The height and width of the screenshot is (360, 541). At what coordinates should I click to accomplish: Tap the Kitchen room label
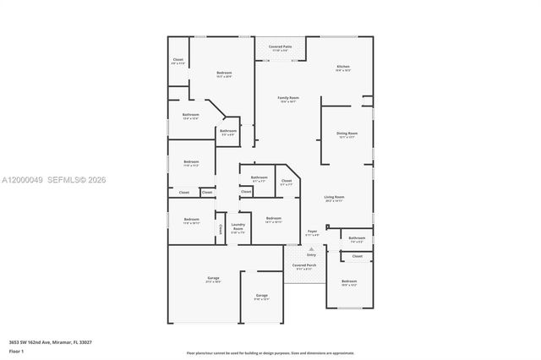click(342, 67)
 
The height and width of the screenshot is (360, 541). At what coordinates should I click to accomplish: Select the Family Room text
click(289, 98)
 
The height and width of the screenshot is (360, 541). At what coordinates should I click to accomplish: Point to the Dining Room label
click(347, 134)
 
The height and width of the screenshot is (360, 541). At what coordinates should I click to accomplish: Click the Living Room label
click(334, 198)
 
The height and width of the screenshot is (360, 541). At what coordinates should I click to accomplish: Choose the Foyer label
click(312, 231)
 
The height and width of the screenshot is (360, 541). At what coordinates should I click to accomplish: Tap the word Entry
click(311, 254)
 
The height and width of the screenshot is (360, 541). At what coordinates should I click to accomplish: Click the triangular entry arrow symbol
click(311, 248)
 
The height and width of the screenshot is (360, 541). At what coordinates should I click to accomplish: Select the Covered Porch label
click(304, 265)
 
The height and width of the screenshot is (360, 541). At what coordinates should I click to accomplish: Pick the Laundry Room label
click(238, 227)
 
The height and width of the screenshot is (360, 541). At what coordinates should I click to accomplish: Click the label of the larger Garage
click(213, 278)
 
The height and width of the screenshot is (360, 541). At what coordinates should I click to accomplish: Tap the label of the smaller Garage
click(261, 296)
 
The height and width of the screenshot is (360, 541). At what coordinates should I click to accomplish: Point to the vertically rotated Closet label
click(221, 228)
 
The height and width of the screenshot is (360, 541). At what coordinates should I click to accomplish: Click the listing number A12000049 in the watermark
click(23, 180)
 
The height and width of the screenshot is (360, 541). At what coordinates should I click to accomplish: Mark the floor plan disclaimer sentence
click(270, 352)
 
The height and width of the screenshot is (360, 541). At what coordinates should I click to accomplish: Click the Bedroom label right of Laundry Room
click(273, 219)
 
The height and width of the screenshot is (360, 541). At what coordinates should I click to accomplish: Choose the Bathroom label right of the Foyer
click(357, 238)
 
